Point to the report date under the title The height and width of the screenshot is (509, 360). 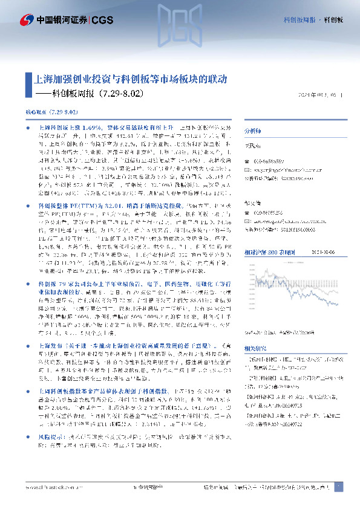322,95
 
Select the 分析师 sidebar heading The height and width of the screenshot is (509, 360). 251,131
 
